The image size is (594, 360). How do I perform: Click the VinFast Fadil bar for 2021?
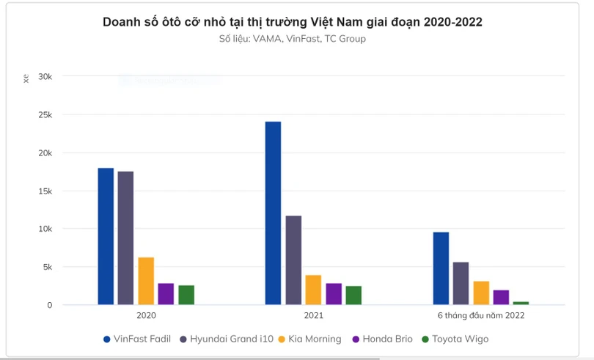[x=273, y=213]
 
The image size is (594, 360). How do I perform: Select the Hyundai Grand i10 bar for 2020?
[x=125, y=238]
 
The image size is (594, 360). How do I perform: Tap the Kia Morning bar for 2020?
[x=146, y=281]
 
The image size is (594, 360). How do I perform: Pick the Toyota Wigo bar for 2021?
[x=353, y=295]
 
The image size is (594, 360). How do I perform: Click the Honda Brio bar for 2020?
[x=166, y=293]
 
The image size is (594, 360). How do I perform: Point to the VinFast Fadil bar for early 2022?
[x=441, y=268]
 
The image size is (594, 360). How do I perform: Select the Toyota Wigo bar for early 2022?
[x=521, y=302]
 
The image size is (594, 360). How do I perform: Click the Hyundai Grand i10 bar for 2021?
[x=293, y=260]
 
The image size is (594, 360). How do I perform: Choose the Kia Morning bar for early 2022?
[x=481, y=293]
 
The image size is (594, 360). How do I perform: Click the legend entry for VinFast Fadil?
[x=138, y=339]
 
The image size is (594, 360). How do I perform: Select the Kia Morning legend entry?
[x=310, y=339]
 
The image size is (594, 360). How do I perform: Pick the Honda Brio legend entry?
[x=384, y=339]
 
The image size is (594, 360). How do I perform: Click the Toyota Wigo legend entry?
[x=455, y=339]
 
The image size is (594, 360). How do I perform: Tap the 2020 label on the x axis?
[x=146, y=315]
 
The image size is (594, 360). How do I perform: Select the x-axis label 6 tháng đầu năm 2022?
[x=481, y=315]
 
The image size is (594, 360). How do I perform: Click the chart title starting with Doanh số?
[x=292, y=22]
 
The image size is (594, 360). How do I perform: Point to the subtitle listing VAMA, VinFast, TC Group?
[x=292, y=39]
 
